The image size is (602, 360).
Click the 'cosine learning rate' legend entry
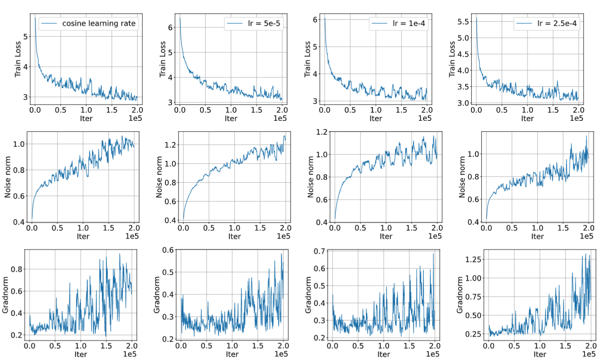(x=99, y=23)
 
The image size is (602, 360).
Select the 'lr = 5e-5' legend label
(x=264, y=23)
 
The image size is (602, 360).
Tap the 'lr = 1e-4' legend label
(x=409, y=23)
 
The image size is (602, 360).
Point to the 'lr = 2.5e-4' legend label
(x=557, y=23)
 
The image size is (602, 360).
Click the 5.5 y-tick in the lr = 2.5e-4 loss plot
(x=463, y=22)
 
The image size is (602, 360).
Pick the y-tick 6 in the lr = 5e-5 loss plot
(x=170, y=27)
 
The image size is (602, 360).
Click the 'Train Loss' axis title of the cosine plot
(x=18, y=59)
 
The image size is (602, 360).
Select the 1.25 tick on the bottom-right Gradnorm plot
(x=473, y=259)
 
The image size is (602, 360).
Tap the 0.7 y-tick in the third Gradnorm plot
(x=320, y=251)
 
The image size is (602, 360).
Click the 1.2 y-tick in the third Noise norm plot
(x=322, y=132)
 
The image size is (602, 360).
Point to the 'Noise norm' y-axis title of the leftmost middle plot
(x=7, y=177)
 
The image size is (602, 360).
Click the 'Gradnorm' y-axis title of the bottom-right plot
(x=459, y=295)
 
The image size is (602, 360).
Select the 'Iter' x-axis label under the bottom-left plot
(x=81, y=354)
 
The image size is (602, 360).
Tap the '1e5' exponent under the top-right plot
(x=576, y=118)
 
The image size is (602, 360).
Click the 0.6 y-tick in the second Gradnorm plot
(x=168, y=250)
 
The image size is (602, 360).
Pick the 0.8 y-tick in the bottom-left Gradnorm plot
(x=17, y=269)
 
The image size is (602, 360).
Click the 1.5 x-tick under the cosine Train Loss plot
(x=112, y=110)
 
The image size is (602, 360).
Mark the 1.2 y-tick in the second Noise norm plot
(x=170, y=145)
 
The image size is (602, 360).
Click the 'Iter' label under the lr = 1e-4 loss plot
(x=376, y=118)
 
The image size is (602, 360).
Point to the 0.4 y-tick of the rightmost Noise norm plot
(x=473, y=222)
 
